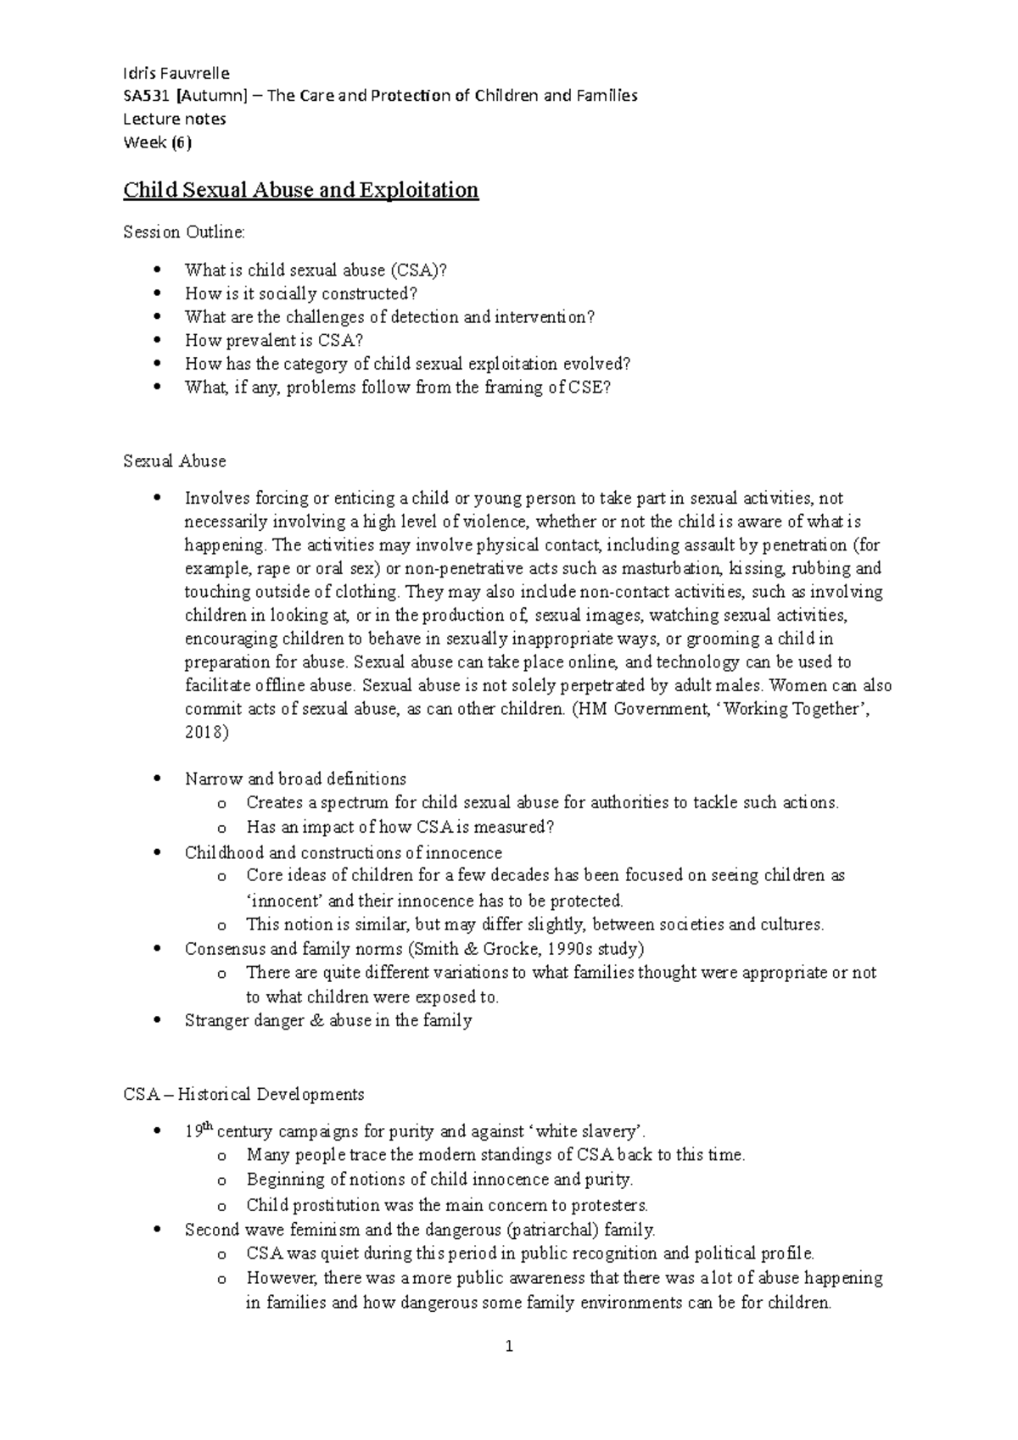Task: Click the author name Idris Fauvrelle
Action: (x=176, y=72)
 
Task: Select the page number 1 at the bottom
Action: (x=509, y=1346)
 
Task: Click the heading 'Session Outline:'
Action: (x=184, y=232)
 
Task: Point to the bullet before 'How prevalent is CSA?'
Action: (x=155, y=341)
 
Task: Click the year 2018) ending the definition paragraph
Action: (x=207, y=733)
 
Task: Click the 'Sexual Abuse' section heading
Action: (x=175, y=461)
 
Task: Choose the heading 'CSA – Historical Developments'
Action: (x=243, y=1094)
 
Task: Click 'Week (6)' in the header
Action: (x=158, y=143)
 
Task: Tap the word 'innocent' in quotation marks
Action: (x=286, y=901)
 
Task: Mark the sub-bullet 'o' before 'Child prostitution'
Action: (x=222, y=1206)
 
